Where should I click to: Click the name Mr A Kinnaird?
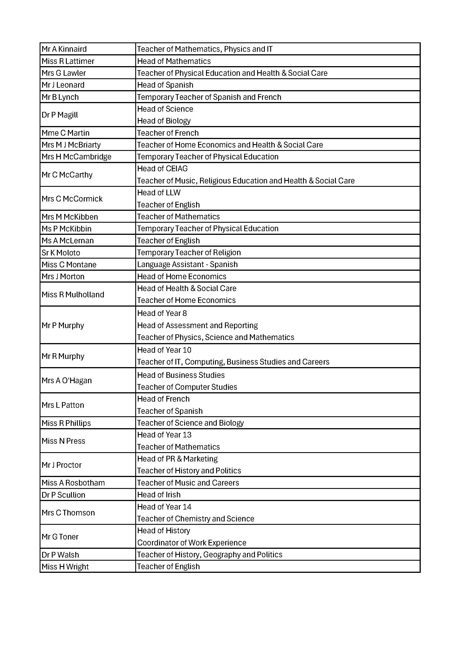(x=64, y=49)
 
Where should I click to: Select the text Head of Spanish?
(x=165, y=85)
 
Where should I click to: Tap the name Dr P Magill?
(x=60, y=115)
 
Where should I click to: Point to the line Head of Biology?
(x=164, y=121)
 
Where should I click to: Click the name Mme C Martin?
(x=65, y=133)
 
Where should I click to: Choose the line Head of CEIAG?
(x=162, y=169)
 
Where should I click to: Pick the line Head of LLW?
(x=159, y=193)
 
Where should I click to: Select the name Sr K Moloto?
(x=61, y=253)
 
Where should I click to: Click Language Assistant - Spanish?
(x=187, y=265)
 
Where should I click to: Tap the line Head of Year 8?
(x=162, y=313)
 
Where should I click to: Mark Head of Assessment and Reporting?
(x=197, y=325)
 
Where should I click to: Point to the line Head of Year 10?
(x=164, y=350)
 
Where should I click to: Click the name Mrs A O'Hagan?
(x=66, y=381)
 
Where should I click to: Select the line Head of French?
(x=163, y=399)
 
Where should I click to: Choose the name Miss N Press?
(x=63, y=441)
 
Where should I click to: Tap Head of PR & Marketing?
(x=177, y=459)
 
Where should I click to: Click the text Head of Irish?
(x=159, y=495)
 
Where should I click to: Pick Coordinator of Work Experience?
(x=192, y=543)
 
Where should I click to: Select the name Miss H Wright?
(x=65, y=567)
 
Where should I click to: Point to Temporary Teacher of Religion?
(x=189, y=252)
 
